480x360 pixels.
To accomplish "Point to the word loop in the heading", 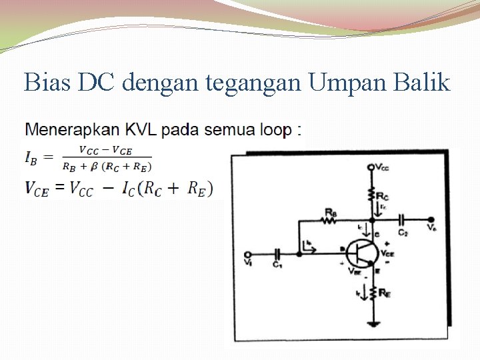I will coord(273,130).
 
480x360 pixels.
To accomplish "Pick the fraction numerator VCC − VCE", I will coord(105,150).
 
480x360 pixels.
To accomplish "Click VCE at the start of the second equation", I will coord(37,189).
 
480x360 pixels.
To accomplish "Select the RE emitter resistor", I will coord(372,291).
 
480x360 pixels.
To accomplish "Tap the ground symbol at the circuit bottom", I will coord(372,325).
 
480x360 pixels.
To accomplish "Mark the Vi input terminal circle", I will coord(248,254).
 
